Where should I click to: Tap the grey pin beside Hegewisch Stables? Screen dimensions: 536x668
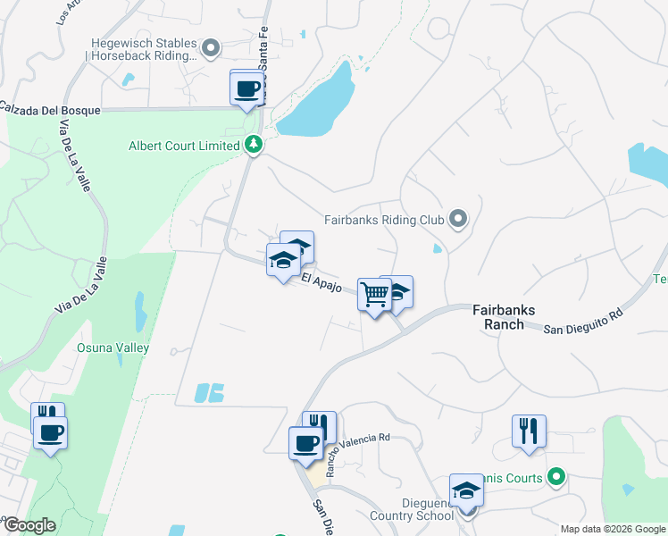[x=211, y=48]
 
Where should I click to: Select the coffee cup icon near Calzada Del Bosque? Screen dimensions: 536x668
[x=247, y=88]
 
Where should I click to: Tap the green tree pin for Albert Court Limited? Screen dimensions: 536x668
[x=254, y=145]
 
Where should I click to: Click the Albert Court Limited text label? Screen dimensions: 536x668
[x=184, y=146]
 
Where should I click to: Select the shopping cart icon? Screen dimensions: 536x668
[x=374, y=293]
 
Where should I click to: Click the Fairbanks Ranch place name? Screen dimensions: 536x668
[x=504, y=317]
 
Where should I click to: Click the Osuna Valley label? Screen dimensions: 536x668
[x=113, y=348]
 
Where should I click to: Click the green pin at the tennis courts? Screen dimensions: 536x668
[x=556, y=478]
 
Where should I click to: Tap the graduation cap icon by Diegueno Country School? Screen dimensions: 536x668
[x=465, y=490]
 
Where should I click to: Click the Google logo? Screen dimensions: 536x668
[x=29, y=525]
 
